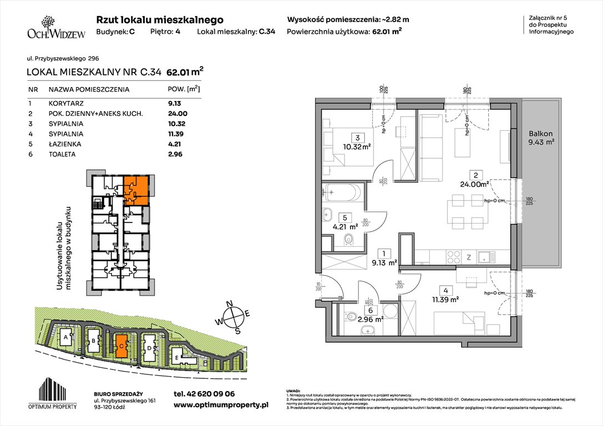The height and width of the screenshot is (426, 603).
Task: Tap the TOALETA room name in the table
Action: click(x=62, y=155)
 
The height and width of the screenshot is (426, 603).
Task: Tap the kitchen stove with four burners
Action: click(x=453, y=257)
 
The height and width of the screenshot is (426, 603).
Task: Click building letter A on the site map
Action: click(x=65, y=337)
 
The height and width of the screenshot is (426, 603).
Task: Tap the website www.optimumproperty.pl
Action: click(x=220, y=405)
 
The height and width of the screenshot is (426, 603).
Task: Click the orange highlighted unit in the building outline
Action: click(x=136, y=190)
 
